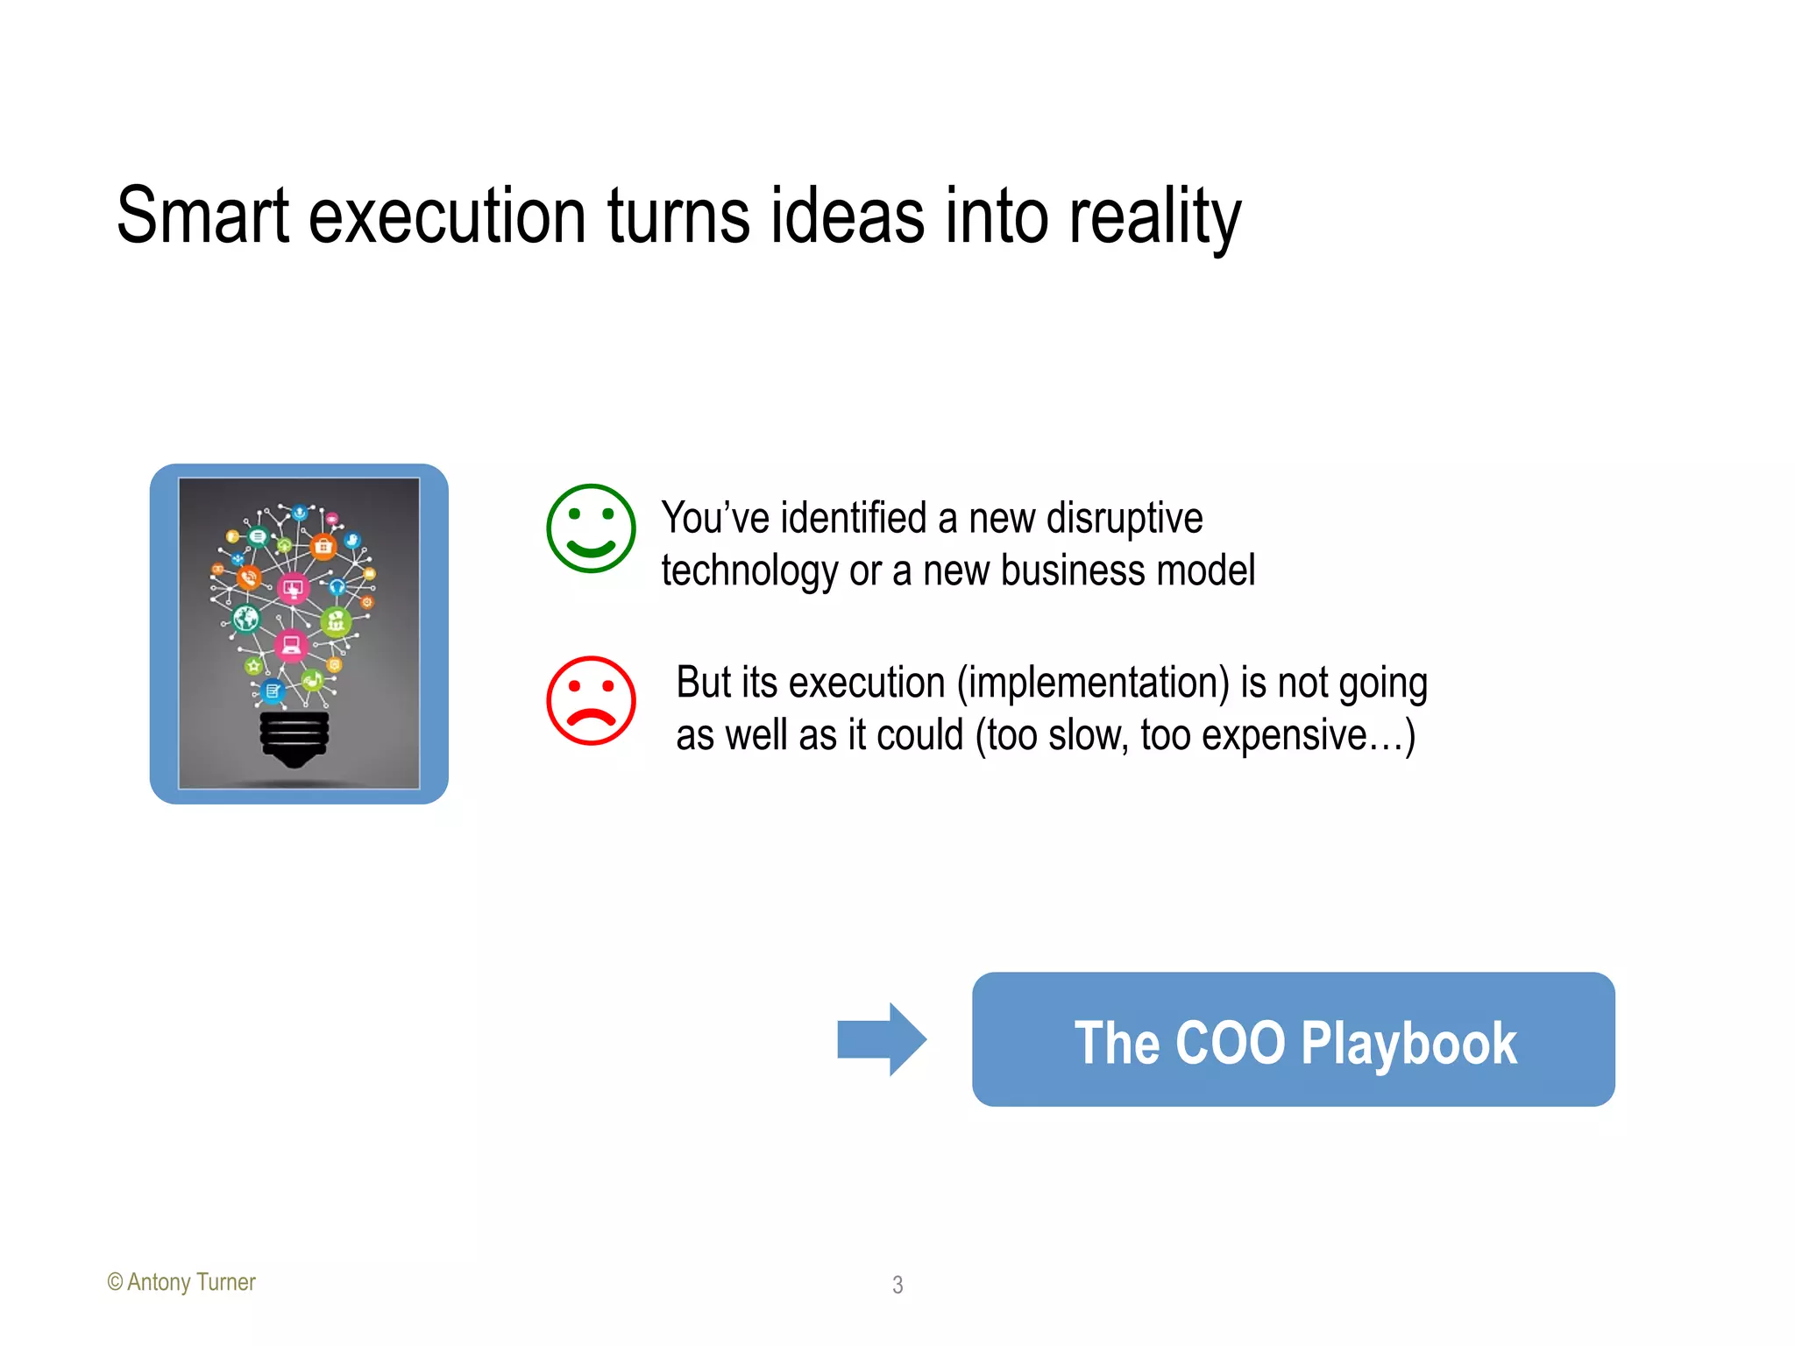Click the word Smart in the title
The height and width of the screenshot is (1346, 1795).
click(x=202, y=216)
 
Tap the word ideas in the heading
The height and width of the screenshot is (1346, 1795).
click(x=847, y=216)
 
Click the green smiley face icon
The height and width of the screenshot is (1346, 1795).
click(x=591, y=528)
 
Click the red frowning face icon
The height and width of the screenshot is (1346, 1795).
click(x=591, y=700)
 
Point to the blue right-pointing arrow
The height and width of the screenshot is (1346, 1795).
click(x=881, y=1039)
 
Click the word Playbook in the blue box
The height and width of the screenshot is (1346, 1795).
click(x=1408, y=1043)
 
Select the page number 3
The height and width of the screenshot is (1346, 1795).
click(x=897, y=1285)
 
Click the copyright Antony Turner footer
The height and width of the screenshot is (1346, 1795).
click(x=181, y=1282)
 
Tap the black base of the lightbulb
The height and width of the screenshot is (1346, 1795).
click(x=294, y=736)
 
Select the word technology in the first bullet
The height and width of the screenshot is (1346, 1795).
click(x=749, y=571)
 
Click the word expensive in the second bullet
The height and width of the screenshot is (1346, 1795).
click(x=1284, y=735)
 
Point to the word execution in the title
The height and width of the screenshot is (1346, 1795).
click(x=447, y=216)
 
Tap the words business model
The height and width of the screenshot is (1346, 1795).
click(x=1127, y=570)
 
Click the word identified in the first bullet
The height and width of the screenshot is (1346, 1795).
click(x=854, y=518)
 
